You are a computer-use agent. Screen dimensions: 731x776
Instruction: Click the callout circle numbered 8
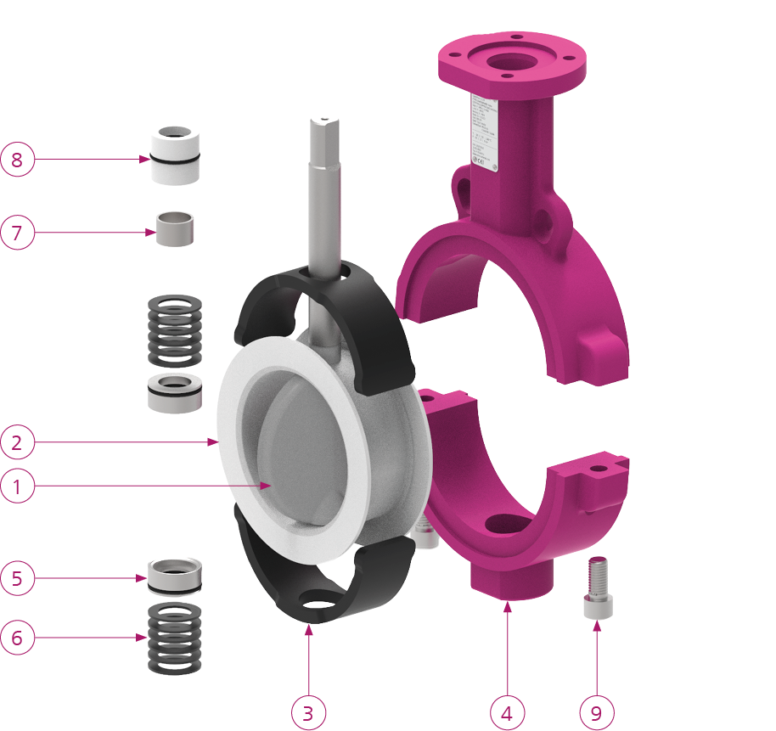point(18,159)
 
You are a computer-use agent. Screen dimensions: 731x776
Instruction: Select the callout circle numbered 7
point(18,232)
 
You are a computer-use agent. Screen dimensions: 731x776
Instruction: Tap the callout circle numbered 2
point(18,441)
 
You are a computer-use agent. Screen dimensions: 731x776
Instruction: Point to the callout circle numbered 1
point(18,486)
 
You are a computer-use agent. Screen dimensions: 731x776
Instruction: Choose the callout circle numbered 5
point(18,579)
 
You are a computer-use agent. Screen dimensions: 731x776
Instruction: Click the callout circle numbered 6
point(18,637)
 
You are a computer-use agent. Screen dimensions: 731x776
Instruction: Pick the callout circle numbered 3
point(308,711)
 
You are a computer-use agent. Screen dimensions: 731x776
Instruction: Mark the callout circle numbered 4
point(507,711)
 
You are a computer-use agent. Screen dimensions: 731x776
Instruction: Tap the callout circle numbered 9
point(596,711)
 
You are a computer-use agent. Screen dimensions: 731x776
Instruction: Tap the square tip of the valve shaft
point(325,127)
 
